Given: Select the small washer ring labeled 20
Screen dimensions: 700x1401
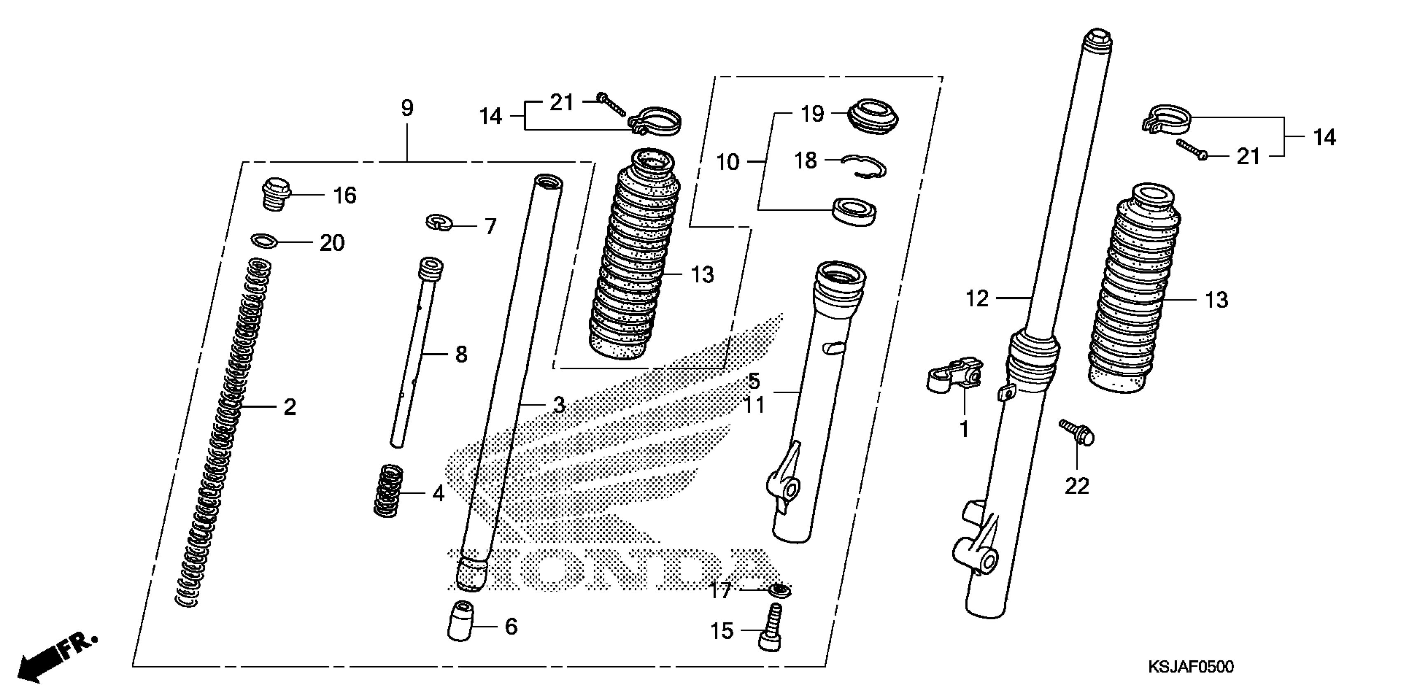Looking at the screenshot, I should click(264, 240).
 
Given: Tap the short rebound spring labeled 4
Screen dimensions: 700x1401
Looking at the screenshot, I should click(388, 491).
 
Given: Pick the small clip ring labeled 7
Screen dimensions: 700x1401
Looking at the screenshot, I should click(439, 222).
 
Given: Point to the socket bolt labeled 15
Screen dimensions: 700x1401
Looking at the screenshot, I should click(771, 629).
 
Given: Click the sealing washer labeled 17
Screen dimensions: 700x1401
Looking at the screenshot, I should click(780, 590).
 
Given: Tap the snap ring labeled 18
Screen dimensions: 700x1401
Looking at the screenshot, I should click(864, 166).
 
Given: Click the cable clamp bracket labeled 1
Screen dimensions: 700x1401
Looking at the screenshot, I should click(954, 375).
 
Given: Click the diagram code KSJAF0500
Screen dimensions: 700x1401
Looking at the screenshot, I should click(1191, 667).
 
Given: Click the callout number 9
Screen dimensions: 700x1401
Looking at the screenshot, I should click(407, 108).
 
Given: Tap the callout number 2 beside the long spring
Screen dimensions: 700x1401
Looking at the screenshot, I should click(290, 407).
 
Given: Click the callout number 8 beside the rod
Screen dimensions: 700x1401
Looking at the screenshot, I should click(461, 355).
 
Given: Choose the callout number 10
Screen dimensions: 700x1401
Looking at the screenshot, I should click(728, 161).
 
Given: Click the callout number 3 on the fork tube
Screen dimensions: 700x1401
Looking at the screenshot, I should click(559, 405).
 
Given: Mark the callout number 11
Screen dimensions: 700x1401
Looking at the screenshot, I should click(754, 405).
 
